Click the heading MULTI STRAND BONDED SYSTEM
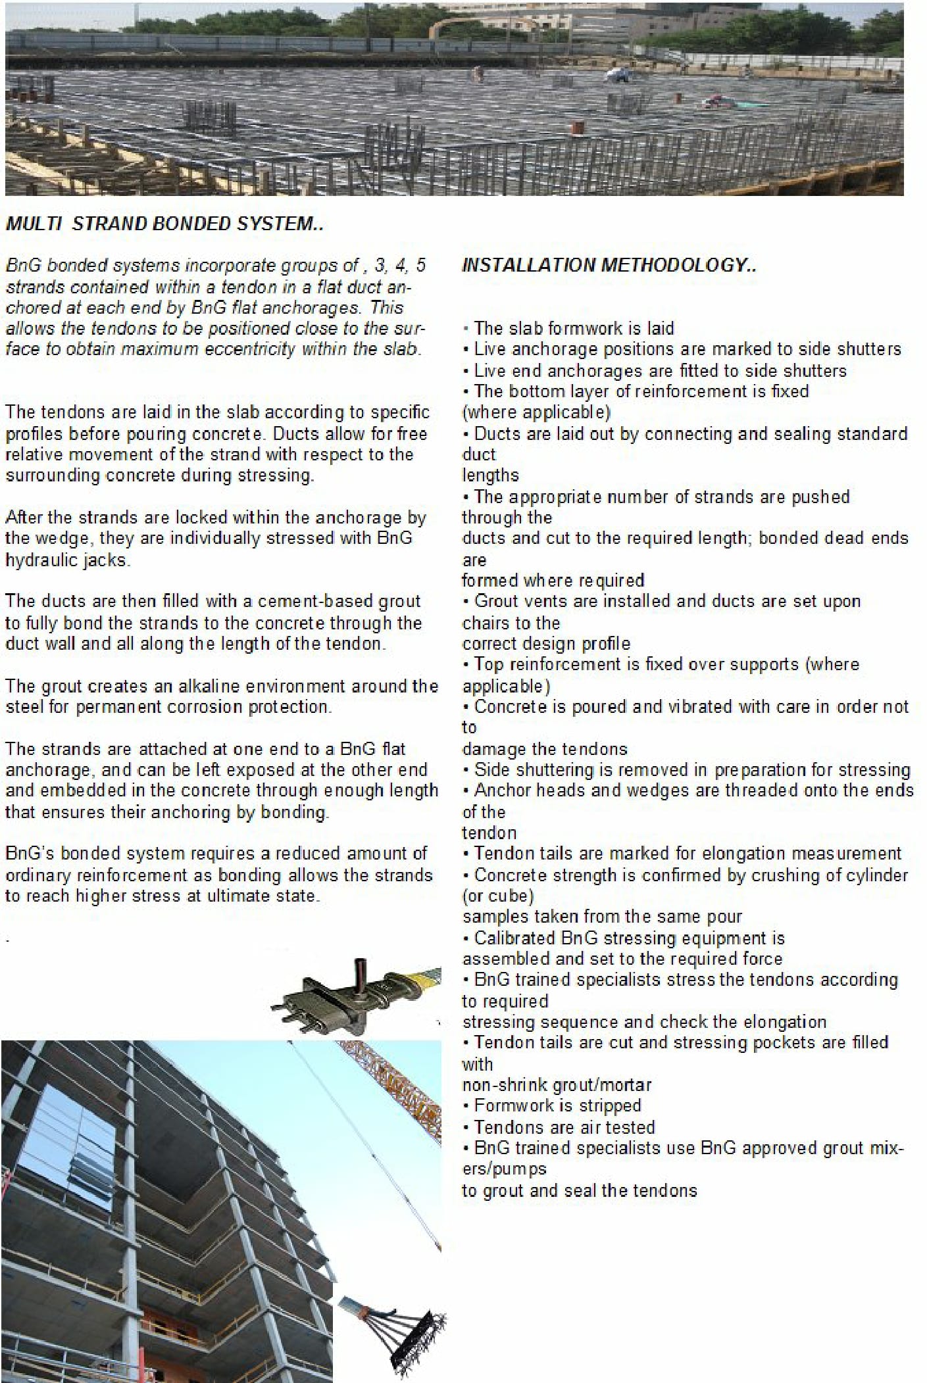pos(164,224)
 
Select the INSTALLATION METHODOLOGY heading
pos(609,266)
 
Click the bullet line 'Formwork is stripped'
pos(557,1105)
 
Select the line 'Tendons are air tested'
pos(564,1127)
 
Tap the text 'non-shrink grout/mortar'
pos(557,1085)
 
